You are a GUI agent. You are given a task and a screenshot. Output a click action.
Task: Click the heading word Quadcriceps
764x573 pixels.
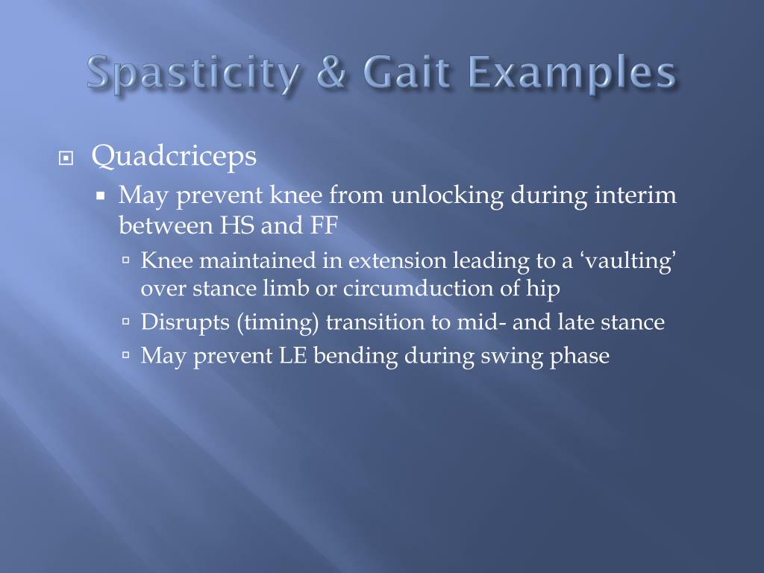[x=174, y=157]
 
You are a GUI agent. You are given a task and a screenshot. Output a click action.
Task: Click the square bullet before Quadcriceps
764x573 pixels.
[x=66, y=159]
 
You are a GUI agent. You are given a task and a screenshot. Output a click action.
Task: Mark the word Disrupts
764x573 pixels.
[x=181, y=322]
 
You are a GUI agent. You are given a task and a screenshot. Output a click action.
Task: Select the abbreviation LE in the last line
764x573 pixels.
[x=293, y=356]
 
